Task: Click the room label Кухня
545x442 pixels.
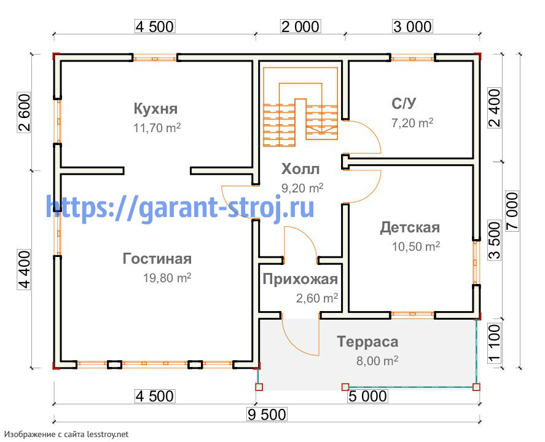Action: coord(155,109)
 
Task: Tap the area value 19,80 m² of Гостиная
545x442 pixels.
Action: coord(167,278)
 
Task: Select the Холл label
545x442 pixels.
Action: coord(300,169)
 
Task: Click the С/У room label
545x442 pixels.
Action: coord(404,103)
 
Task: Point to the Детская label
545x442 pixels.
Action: coord(410,227)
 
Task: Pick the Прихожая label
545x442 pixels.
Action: coord(300,279)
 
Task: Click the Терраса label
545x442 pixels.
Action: coord(367,342)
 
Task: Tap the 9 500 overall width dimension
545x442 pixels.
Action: coord(267,414)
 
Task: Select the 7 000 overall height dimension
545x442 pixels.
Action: coord(512,210)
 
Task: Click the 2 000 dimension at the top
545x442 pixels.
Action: coord(300,27)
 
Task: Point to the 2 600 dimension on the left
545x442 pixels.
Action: coord(24,112)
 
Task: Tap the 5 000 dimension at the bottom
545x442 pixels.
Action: coord(367,397)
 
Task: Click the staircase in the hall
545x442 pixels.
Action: coord(300,107)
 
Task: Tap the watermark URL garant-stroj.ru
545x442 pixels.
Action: coord(180,208)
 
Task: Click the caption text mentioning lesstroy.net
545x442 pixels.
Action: coord(66,435)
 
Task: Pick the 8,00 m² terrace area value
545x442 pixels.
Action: coord(377,361)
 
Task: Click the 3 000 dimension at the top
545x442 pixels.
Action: coord(412,27)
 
